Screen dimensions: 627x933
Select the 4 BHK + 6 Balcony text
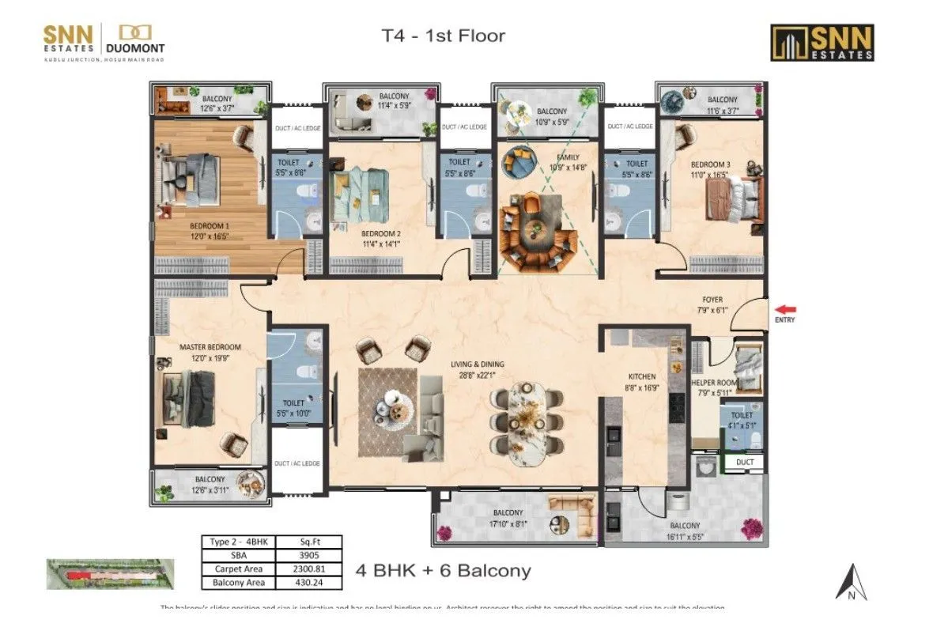tap(443, 570)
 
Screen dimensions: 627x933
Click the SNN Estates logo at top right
tap(822, 42)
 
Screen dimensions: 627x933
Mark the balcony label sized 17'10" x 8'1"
tap(508, 517)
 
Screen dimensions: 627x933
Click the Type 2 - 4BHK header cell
tap(236, 542)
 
